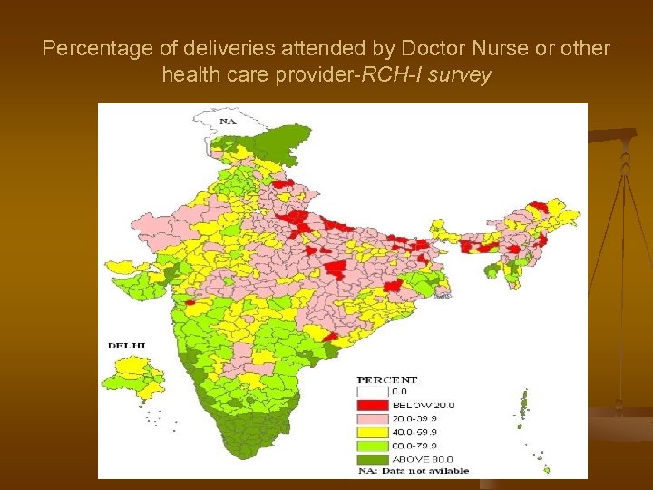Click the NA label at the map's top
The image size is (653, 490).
click(228, 121)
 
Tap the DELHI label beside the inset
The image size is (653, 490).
click(126, 346)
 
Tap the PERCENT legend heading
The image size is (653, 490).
click(387, 379)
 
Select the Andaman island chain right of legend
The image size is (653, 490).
click(523, 408)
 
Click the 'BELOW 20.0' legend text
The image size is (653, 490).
click(424, 405)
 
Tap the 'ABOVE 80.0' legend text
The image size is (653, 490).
click(424, 459)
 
